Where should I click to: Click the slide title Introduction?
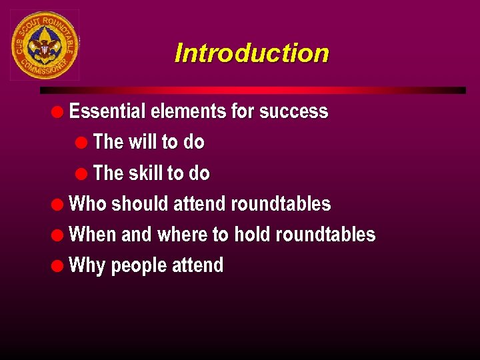[x=251, y=53]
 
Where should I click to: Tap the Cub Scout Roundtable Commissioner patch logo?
[x=45, y=45]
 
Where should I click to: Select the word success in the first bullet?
[x=293, y=111]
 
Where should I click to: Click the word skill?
[x=146, y=173]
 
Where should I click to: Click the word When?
[x=92, y=235]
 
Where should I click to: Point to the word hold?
[x=253, y=235]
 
